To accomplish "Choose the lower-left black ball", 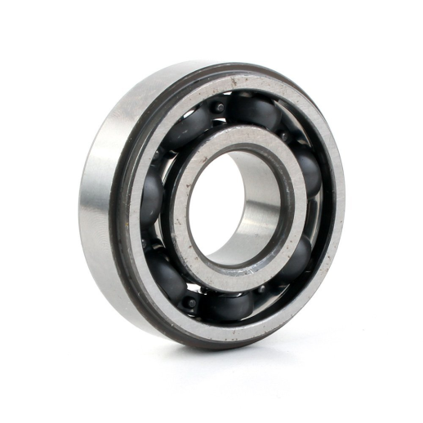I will pyautogui.click(x=167, y=274).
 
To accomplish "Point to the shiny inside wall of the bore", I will pyautogui.click(x=260, y=204).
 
